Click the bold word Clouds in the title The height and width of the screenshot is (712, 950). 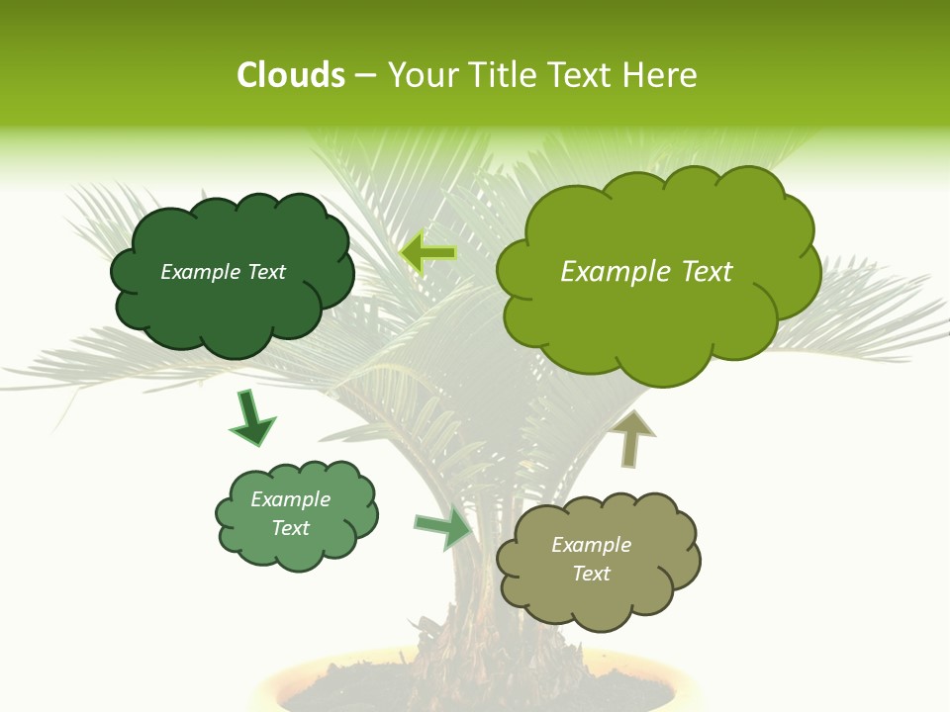(x=290, y=75)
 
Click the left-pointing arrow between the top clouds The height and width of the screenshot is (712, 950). (x=427, y=254)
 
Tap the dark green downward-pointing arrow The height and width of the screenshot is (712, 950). (x=251, y=418)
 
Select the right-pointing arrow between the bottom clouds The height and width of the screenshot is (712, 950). (x=443, y=528)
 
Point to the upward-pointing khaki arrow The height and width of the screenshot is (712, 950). (x=632, y=439)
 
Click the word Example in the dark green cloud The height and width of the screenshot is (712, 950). (x=199, y=272)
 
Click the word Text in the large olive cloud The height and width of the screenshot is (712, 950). (x=699, y=272)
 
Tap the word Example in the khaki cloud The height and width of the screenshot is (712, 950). (x=591, y=545)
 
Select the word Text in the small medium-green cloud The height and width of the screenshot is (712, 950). (x=291, y=528)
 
